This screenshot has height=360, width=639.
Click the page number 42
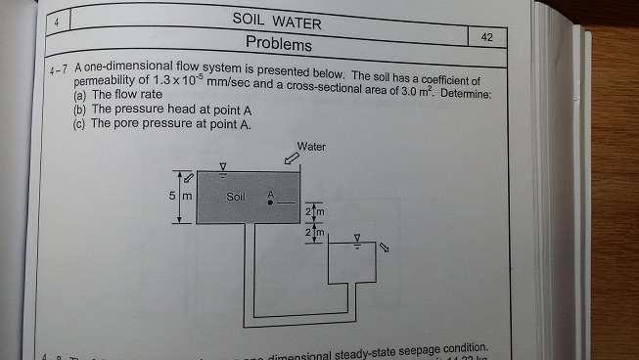(x=487, y=36)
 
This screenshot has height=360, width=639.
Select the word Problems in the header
(x=279, y=44)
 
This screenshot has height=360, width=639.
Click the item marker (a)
(x=79, y=96)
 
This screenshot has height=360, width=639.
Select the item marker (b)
(x=79, y=110)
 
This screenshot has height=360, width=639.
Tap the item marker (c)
(x=79, y=124)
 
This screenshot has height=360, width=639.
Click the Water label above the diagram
(x=311, y=147)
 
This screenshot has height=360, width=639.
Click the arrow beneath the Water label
(x=292, y=159)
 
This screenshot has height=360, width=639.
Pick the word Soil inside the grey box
(x=235, y=196)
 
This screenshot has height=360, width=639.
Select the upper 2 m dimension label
(x=313, y=212)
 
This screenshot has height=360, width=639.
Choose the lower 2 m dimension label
(x=313, y=233)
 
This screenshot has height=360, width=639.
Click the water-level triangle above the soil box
(x=223, y=167)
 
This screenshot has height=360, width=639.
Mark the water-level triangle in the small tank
(x=357, y=238)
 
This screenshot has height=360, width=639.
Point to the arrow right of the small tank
(x=385, y=247)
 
